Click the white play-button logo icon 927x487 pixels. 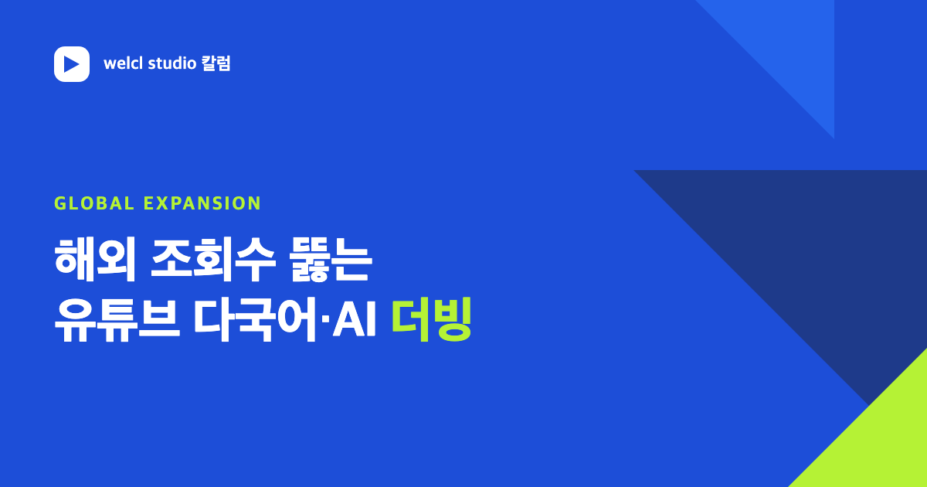coord(72,63)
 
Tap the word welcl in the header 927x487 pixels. coord(123,63)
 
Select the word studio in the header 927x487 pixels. coord(171,63)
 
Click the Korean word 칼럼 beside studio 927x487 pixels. coord(216,63)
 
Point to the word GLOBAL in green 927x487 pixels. coord(94,203)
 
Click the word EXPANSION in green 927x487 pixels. coord(202,203)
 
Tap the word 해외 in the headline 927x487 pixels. coord(95,260)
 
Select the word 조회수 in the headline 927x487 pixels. coord(212,260)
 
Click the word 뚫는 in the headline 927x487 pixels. coord(331,260)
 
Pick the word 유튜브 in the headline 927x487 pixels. coord(117,320)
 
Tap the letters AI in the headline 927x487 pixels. coord(355,320)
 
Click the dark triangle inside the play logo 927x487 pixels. coord(71,64)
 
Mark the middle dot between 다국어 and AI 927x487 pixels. coord(325,319)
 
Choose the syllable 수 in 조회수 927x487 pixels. coord(255,260)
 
